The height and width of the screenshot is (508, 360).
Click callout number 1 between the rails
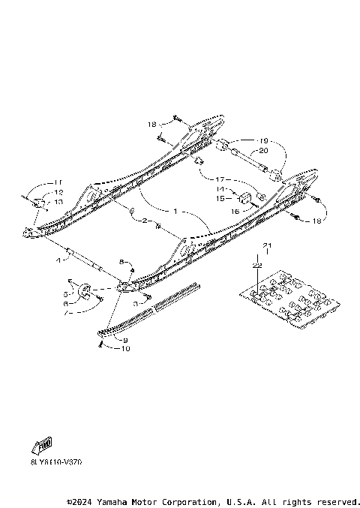[x=175, y=212]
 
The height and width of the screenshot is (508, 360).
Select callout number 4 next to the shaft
[x=58, y=260]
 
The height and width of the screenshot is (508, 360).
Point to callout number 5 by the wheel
[x=66, y=295]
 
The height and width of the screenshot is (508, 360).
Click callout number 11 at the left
[x=59, y=183]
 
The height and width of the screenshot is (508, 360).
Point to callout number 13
[x=59, y=201]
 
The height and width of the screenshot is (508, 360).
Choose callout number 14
[x=220, y=189]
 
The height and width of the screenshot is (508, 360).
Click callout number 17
[x=220, y=179]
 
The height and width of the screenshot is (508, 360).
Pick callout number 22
[x=256, y=266]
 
